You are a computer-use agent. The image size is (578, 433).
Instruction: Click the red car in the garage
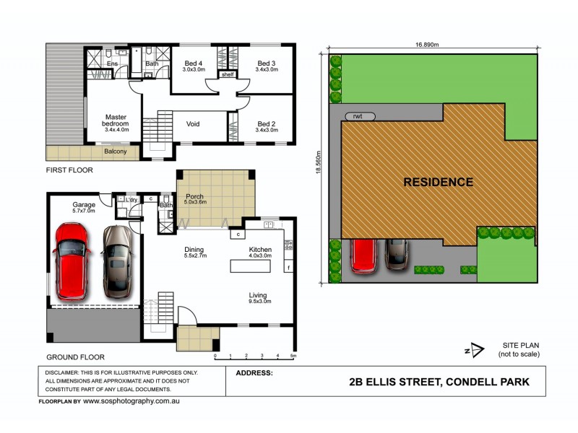point(71,261)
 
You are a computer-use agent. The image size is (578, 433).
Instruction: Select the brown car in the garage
point(116,261)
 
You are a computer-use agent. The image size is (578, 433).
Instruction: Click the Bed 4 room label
point(194,66)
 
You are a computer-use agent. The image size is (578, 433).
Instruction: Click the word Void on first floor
point(193,124)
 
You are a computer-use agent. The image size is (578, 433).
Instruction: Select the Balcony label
point(116,152)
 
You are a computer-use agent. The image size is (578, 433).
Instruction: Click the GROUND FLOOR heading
point(76,357)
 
